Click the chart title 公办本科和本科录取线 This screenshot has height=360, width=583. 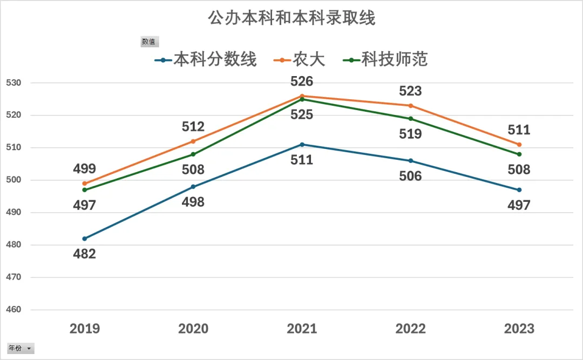coord(291,18)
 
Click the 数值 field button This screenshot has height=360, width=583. coord(149,42)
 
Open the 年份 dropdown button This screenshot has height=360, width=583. coord(21,348)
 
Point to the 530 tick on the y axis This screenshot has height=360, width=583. coord(13,83)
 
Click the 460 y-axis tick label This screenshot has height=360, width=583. coord(13,310)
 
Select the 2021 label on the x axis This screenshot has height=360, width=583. coord(302,329)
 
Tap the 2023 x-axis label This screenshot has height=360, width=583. coord(519,329)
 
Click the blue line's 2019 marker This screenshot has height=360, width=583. coord(85,239)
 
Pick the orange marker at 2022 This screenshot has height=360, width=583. coord(411,106)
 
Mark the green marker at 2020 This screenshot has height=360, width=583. coord(193,154)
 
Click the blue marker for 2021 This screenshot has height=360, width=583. coord(302,145)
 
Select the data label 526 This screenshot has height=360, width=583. coord(302,81)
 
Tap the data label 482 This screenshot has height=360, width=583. coord(85,254)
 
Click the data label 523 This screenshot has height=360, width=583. coord(410,91)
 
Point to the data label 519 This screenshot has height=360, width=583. coord(410,134)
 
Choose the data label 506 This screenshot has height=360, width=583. coord(410,176)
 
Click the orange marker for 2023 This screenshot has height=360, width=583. coord(519,145)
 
